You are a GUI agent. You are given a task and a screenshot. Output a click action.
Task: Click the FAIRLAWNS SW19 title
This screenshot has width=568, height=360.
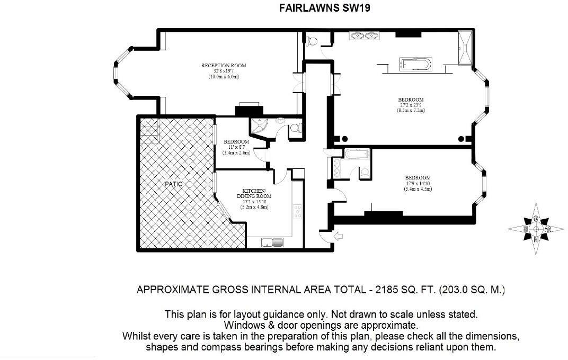tap(325, 7)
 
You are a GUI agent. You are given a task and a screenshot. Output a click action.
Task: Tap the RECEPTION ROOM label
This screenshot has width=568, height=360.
tap(224, 66)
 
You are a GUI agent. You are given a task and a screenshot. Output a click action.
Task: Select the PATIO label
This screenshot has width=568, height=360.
tap(173, 184)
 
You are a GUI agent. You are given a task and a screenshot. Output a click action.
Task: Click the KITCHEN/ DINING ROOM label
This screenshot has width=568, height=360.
tap(254, 194)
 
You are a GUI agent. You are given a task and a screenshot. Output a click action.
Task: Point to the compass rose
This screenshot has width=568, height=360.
tap(536, 229)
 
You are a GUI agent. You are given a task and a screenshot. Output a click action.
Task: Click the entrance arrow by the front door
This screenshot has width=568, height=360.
tap(338, 237)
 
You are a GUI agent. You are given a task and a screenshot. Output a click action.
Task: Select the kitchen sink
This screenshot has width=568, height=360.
tap(272, 242)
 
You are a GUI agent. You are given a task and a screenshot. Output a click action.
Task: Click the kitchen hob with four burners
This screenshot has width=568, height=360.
tap(297, 212)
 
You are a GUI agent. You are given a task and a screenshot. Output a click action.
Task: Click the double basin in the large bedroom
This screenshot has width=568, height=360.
tap(365, 36)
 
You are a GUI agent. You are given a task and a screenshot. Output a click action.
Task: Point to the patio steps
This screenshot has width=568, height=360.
tap(150, 132)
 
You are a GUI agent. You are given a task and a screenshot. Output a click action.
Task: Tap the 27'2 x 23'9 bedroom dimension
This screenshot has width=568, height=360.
tap(411, 105)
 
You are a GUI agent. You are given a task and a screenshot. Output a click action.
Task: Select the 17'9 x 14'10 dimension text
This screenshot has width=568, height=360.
tap(418, 183)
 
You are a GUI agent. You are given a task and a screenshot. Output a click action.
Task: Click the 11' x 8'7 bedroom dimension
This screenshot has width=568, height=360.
tap(236, 147)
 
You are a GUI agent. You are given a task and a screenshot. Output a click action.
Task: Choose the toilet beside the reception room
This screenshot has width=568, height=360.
tap(311, 41)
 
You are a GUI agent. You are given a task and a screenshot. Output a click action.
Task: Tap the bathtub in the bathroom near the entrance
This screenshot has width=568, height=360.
tap(357, 154)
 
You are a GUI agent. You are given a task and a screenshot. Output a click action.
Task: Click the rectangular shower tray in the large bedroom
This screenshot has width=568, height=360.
tap(465, 48)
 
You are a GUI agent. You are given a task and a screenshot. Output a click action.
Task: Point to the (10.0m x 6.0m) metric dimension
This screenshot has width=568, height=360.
tap(224, 77)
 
